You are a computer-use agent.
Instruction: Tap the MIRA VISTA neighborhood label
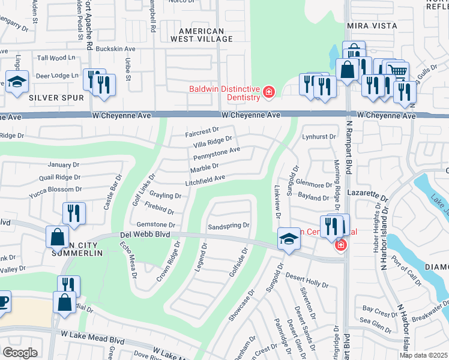coord(372,26)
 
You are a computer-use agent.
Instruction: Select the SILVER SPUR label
coord(39,97)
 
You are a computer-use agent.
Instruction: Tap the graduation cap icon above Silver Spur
coord(17,82)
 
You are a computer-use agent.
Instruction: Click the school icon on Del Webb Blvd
coord(289,240)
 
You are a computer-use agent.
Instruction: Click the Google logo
coord(20,352)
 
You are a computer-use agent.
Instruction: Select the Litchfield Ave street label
coord(205,178)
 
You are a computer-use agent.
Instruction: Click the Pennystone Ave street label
coord(216,154)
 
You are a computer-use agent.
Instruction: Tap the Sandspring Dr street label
coord(228,227)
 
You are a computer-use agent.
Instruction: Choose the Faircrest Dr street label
coord(203,129)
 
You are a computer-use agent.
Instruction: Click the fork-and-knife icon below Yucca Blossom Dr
coord(74,213)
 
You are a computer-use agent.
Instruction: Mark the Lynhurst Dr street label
coord(319,137)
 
